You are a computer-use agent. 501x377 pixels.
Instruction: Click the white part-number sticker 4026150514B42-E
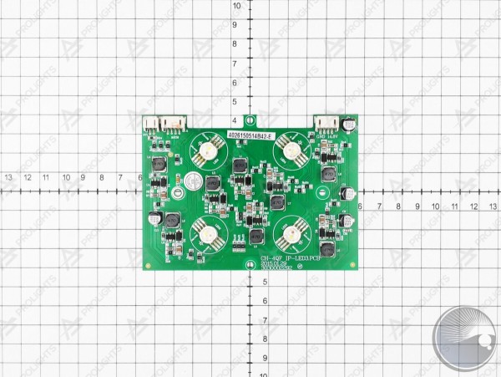(x=250, y=134)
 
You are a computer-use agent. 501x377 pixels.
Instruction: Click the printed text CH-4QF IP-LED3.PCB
(x=288, y=259)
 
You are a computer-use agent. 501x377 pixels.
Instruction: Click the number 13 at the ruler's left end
(x=8, y=177)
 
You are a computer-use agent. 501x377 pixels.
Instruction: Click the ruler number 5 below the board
(x=264, y=282)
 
